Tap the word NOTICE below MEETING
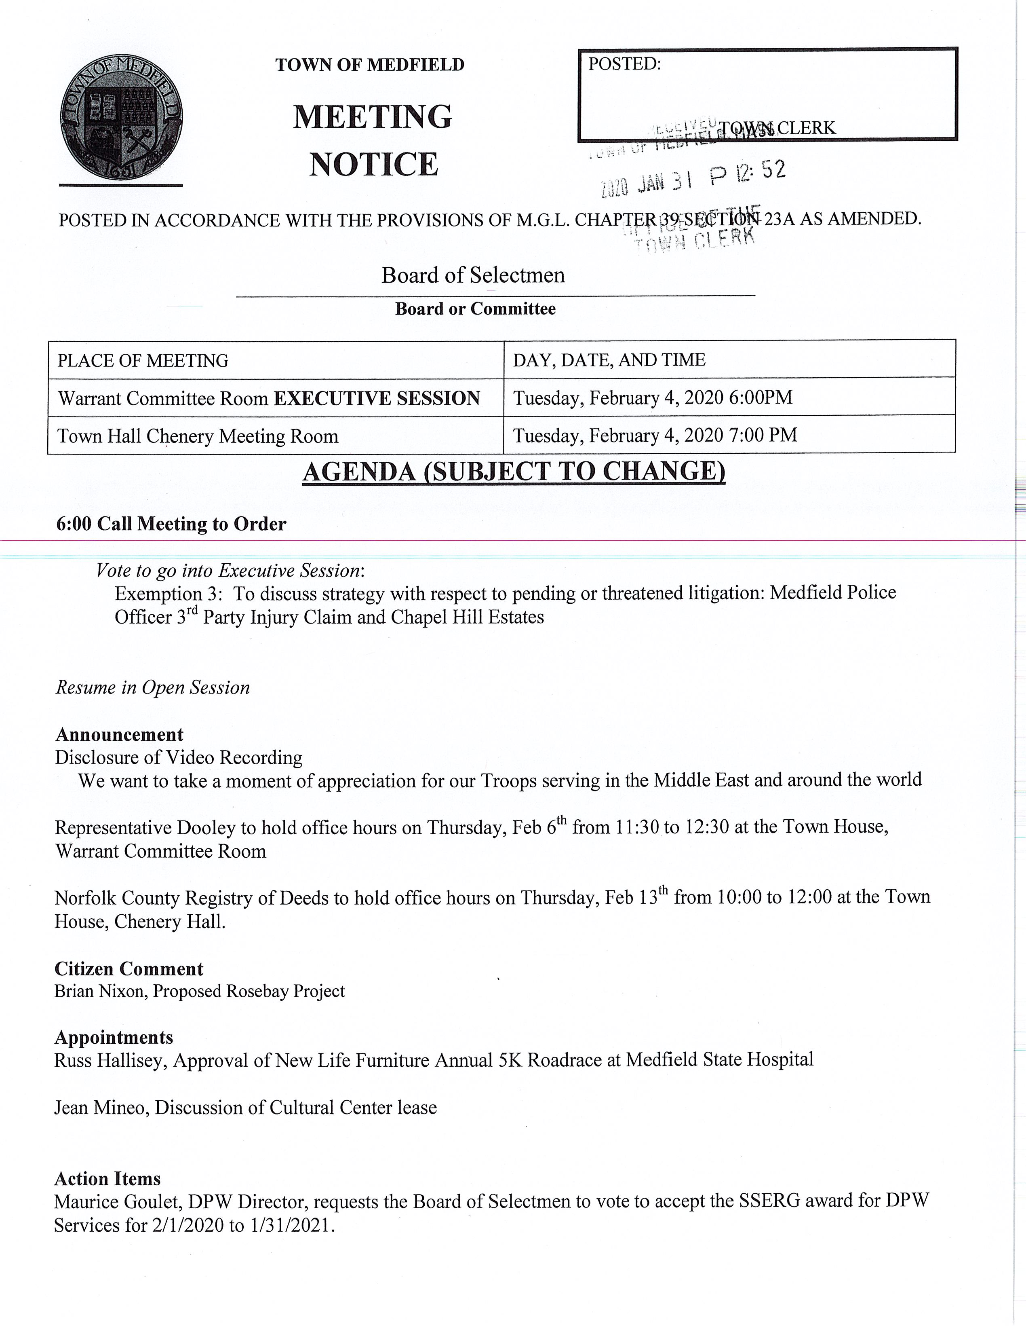pos(373,165)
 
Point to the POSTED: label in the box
pos(624,64)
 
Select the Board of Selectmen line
pos(473,275)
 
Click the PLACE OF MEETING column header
pos(143,361)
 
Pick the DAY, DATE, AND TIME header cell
pos(609,360)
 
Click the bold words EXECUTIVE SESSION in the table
pos(377,398)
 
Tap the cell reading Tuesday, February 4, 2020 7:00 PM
pos(655,436)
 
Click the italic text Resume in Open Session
pos(153,687)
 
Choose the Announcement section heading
pos(119,734)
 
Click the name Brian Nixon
pos(100,992)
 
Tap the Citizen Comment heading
pos(129,969)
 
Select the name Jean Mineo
pos(101,1107)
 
